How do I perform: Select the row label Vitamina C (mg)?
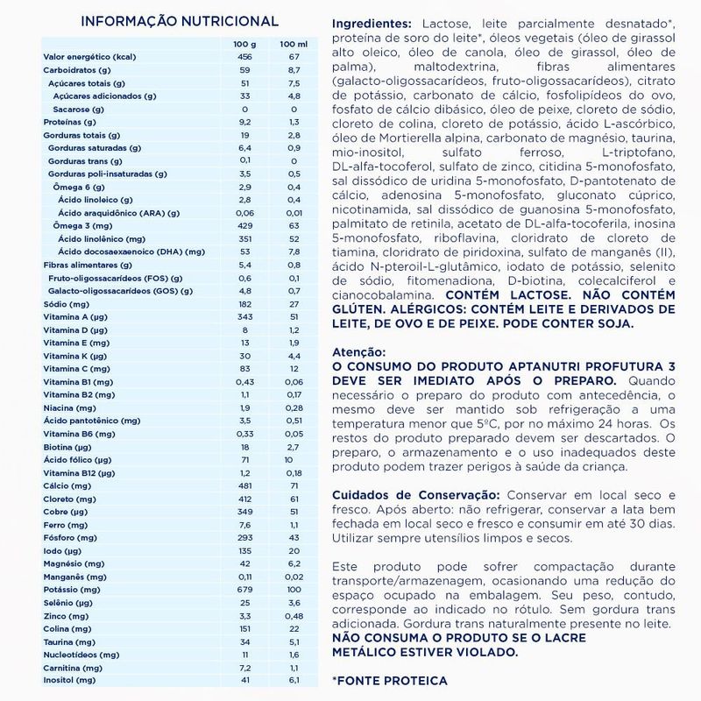(x=76, y=371)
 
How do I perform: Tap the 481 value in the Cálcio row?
(x=244, y=486)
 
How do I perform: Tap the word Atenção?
(x=358, y=349)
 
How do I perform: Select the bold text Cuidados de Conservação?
(x=414, y=495)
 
